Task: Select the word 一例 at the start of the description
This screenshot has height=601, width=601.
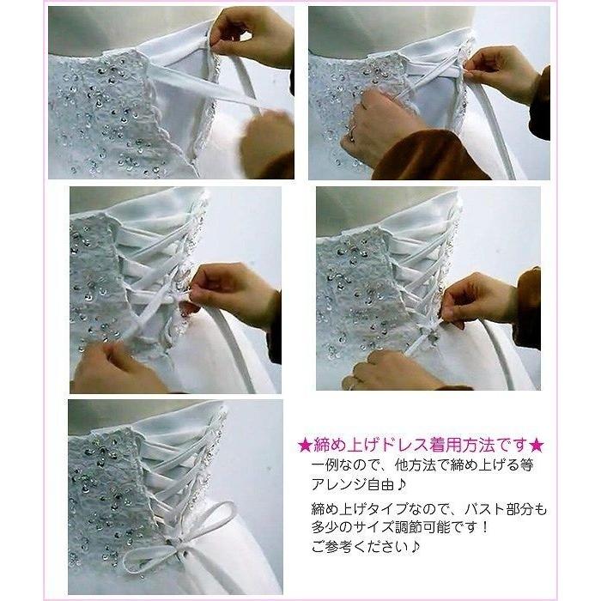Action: pyautogui.click(x=325, y=464)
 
